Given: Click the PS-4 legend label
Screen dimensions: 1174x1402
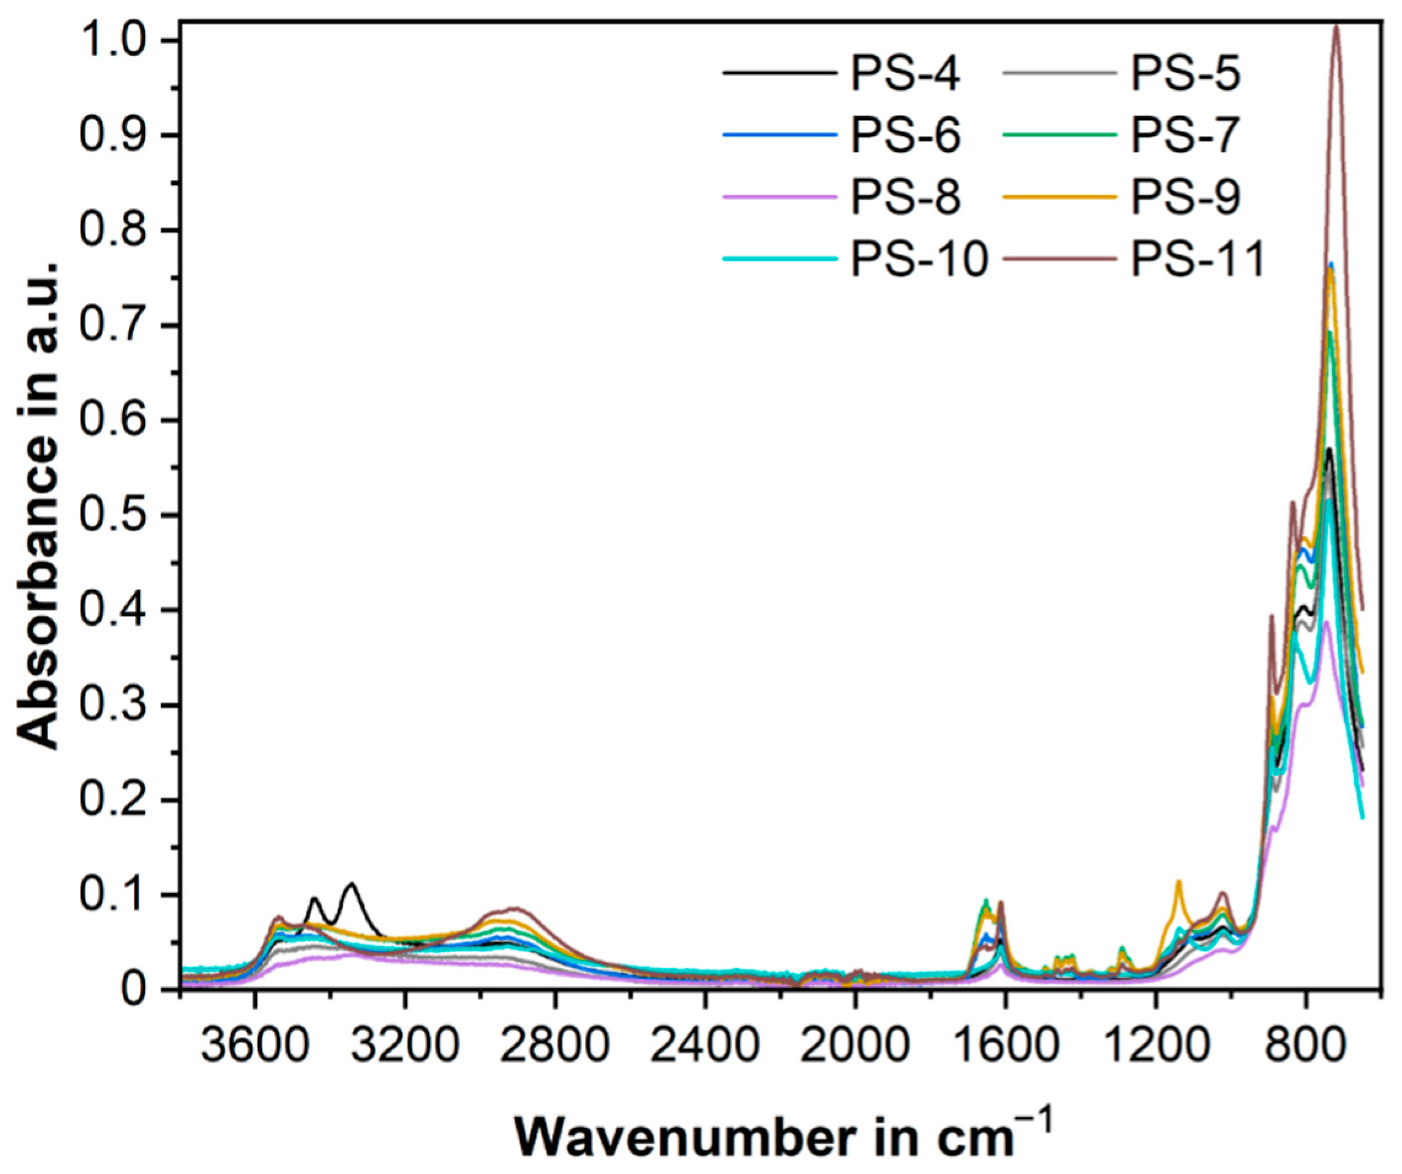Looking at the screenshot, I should [x=905, y=75].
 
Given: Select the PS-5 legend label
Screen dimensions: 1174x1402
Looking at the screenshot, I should [x=1185, y=75].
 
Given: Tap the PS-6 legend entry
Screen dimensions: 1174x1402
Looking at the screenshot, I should [x=905, y=136].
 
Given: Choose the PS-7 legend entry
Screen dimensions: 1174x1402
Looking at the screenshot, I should [x=1185, y=136].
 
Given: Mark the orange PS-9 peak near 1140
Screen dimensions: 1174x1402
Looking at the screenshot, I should [x=1179, y=882].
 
